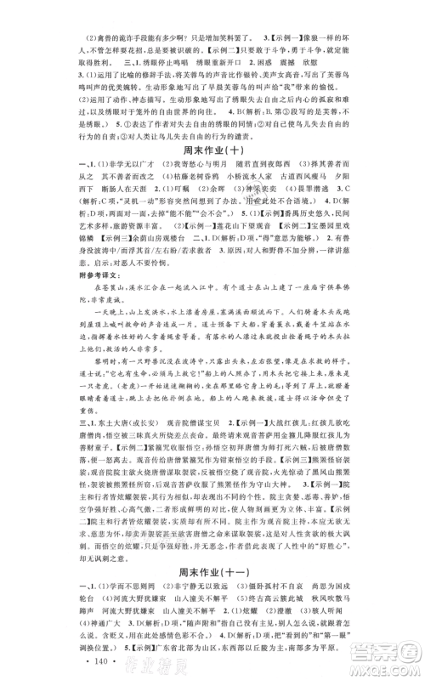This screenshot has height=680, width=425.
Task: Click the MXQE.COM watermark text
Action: (x=382, y=669)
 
